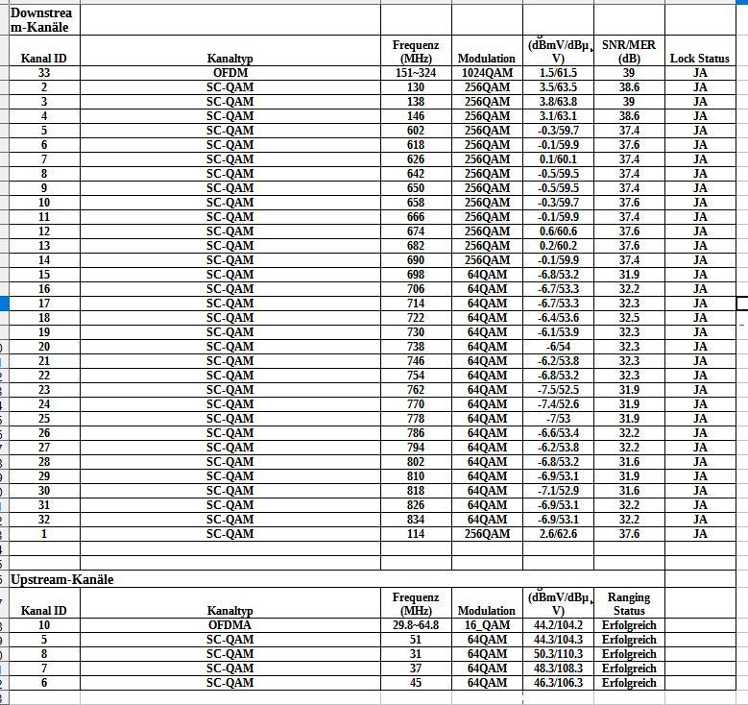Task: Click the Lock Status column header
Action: pos(699,59)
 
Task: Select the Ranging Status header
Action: pos(629,603)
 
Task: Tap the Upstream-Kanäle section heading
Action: pos(62,580)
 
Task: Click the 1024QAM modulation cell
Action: pos(487,73)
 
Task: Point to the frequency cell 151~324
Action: pos(416,73)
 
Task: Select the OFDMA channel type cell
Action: pos(230,625)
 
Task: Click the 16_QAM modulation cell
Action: pos(487,625)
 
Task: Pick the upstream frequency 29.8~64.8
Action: pos(416,625)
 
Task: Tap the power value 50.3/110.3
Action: pos(558,654)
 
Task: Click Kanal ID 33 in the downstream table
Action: pos(44,73)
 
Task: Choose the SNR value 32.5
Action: pos(629,318)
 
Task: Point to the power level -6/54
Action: pos(558,347)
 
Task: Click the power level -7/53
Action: pos(558,419)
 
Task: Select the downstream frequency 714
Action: pos(416,304)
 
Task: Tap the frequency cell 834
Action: pos(416,520)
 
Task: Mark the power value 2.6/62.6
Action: pos(558,534)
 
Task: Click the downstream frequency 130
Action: pos(416,87)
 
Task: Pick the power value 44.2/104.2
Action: pos(558,625)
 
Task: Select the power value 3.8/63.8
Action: pos(558,102)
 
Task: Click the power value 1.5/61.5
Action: pos(558,73)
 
